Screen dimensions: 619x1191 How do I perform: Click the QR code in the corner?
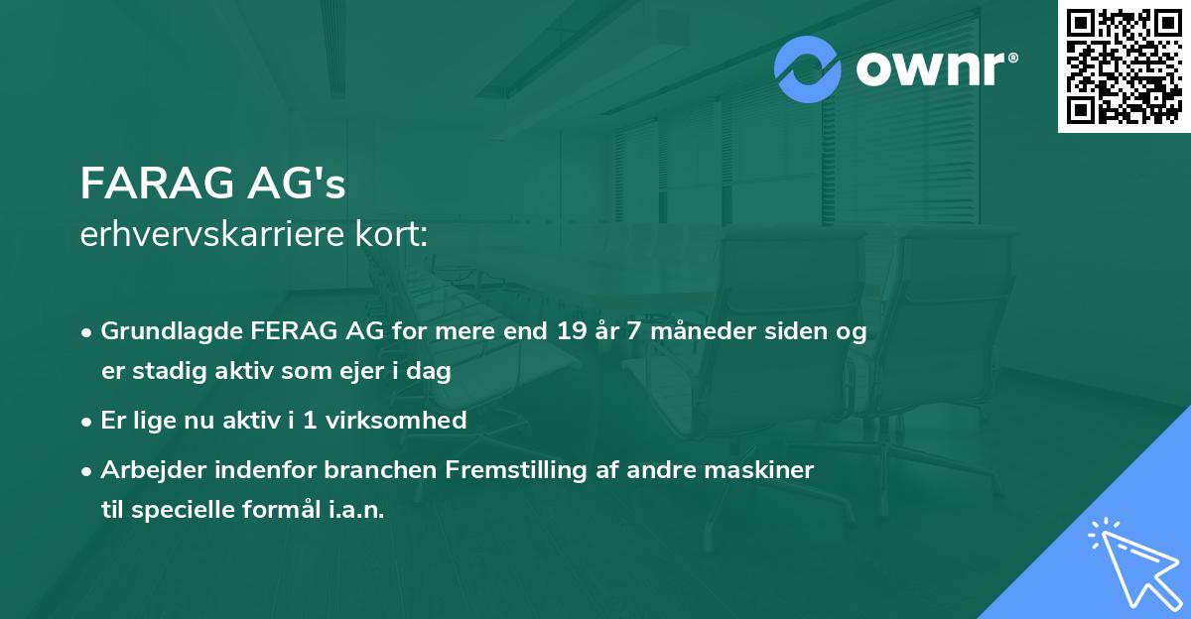click(x=1125, y=66)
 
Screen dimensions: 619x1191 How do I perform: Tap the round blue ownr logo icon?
click(x=808, y=68)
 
